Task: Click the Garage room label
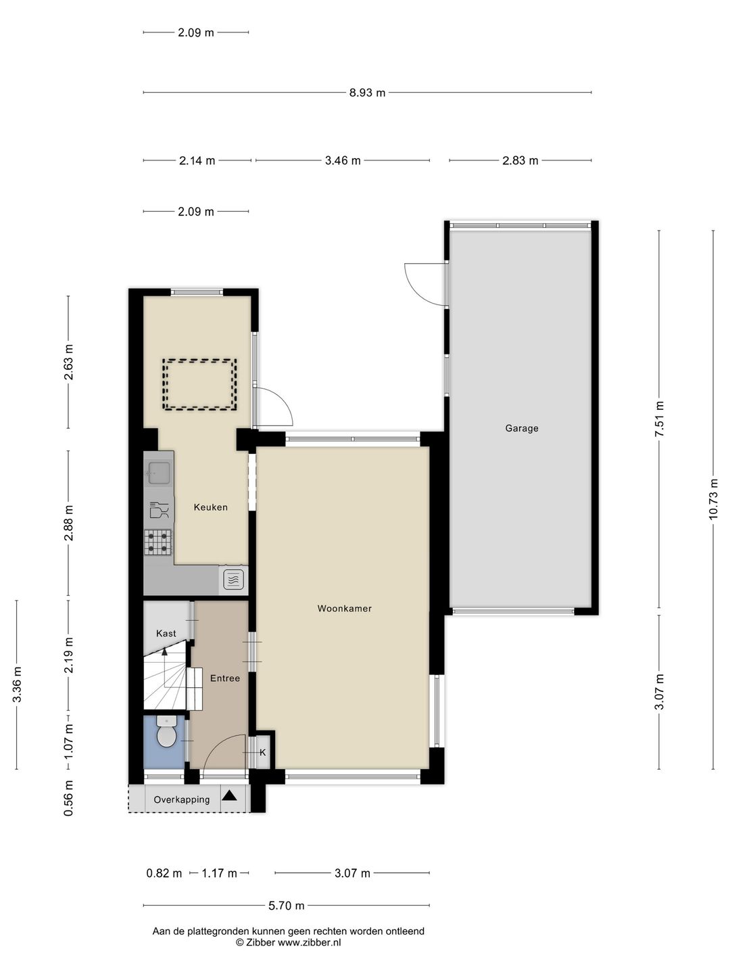point(521,428)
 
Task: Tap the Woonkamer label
point(344,609)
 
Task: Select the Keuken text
point(210,507)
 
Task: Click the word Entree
point(224,678)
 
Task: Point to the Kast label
point(166,634)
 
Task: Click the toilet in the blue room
point(166,733)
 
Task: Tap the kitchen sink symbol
point(159,473)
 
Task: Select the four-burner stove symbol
point(158,542)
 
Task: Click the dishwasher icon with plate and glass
point(159,511)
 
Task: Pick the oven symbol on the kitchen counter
point(233,580)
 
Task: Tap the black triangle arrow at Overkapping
point(230,796)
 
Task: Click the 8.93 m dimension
point(367,93)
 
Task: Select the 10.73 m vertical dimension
point(713,499)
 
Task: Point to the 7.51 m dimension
point(660,419)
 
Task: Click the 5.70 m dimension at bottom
point(287,906)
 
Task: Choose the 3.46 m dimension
point(343,160)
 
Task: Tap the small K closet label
point(263,753)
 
